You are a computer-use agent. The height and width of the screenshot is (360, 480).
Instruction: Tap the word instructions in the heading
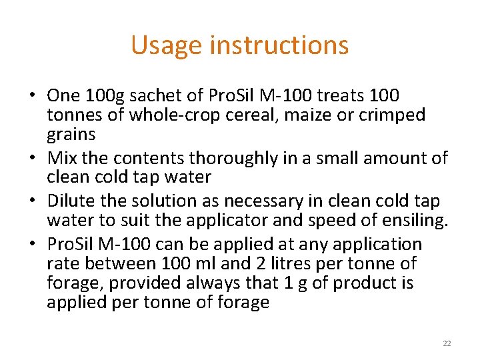pyautogui.click(x=279, y=45)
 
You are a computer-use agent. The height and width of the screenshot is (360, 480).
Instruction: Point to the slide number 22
pyautogui.click(x=447, y=343)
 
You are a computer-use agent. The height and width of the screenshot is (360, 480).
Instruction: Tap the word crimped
pyautogui.click(x=392, y=115)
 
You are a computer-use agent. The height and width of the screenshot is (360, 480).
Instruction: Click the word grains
pyautogui.click(x=71, y=134)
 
